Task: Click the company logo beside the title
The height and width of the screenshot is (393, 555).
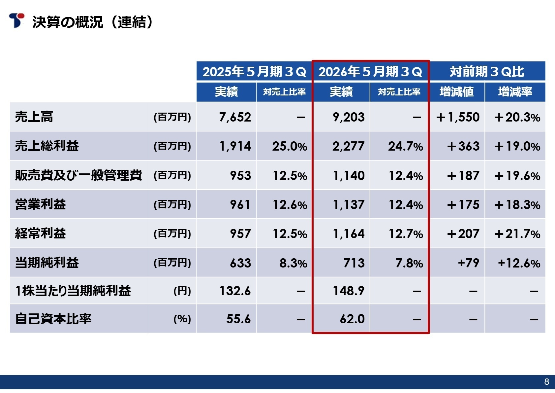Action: tap(16, 20)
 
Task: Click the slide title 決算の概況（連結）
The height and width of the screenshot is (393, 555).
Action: tap(92, 22)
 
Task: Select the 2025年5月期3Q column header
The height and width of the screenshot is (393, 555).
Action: tap(254, 71)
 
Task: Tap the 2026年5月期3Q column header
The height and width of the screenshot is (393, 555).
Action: tap(370, 71)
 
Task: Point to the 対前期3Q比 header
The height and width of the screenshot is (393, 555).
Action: tap(487, 71)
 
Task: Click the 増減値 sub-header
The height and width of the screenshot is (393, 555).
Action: tap(456, 92)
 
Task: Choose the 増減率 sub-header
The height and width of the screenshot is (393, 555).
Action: tap(515, 92)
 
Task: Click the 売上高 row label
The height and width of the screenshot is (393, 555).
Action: tap(34, 117)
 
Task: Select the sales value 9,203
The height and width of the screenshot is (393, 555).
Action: tap(349, 117)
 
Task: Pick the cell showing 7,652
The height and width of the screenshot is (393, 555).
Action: tap(235, 117)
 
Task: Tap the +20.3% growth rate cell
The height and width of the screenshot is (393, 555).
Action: tap(517, 117)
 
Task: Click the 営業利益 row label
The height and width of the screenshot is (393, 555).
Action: tap(41, 204)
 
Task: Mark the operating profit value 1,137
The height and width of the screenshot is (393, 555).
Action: tap(349, 205)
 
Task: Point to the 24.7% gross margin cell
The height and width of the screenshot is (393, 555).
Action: tap(405, 146)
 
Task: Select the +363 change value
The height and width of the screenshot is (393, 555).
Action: tap(463, 146)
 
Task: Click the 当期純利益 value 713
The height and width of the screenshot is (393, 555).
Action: tap(354, 263)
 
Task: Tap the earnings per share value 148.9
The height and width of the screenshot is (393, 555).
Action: tap(349, 291)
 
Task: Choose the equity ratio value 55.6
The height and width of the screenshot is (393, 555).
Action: tap(238, 319)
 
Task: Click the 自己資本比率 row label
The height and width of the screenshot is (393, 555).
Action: tap(53, 319)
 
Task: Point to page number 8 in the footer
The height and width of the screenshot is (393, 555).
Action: tap(546, 382)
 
